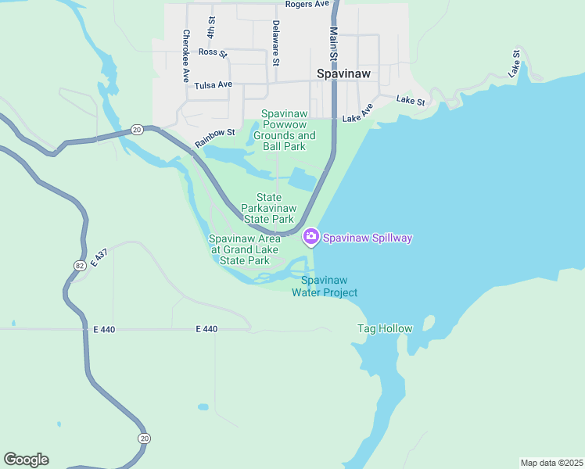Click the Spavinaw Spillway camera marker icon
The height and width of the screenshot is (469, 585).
[311, 236]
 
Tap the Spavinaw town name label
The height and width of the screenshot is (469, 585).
[343, 74]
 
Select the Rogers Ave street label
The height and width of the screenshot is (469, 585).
[307, 5]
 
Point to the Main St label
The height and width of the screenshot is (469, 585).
[333, 46]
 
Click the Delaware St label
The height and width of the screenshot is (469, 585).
[275, 42]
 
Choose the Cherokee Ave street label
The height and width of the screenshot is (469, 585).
[186, 55]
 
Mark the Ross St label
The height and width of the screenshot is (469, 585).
[212, 53]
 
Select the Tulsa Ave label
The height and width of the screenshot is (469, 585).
[214, 84]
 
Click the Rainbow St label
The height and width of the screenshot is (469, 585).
[215, 138]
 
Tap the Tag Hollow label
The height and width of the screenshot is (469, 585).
[385, 328]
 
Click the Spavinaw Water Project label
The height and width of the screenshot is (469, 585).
[325, 286]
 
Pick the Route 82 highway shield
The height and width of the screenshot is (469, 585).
[80, 266]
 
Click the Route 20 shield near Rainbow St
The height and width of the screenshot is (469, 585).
[136, 129]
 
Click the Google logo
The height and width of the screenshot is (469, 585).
[26, 460]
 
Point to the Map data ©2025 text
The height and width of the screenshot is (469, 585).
[551, 463]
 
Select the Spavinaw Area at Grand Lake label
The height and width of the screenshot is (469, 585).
[245, 249]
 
